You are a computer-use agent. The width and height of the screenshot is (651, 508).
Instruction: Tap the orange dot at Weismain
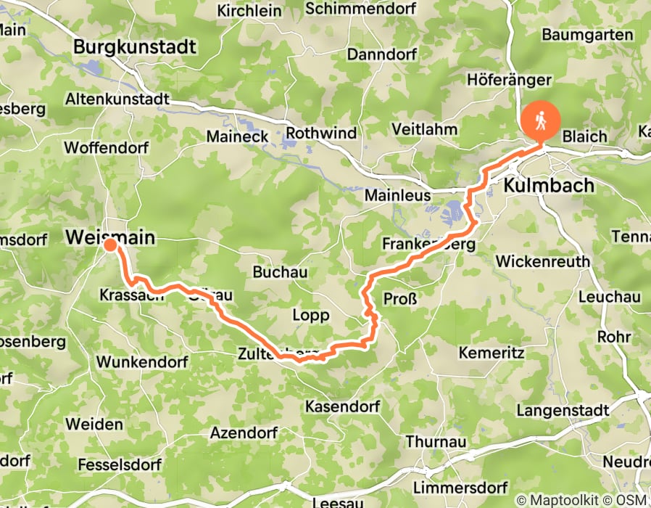click(x=109, y=245)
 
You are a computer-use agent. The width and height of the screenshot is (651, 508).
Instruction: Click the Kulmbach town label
click(x=549, y=185)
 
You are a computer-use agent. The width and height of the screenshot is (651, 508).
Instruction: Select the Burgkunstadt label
click(x=135, y=48)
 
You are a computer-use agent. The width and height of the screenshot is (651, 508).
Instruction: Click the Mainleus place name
click(x=397, y=196)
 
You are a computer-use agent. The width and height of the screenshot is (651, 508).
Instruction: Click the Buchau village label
click(x=280, y=272)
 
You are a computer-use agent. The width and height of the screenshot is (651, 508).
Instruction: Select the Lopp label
click(x=310, y=315)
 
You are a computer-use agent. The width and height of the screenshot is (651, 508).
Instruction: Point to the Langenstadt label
click(x=563, y=411)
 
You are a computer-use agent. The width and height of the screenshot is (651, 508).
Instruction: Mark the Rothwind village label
click(x=321, y=133)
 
